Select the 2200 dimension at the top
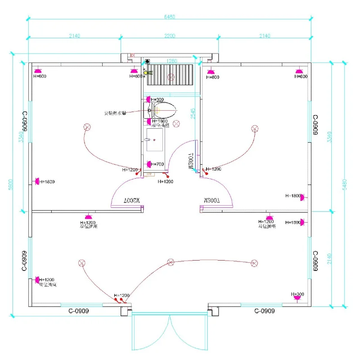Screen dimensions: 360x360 [170, 36]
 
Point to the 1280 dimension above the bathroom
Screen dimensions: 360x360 [171, 61]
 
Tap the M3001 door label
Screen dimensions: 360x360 [190, 161]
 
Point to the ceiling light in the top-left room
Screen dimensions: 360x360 [86, 127]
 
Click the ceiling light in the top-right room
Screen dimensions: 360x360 [255, 130]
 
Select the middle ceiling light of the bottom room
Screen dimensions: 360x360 [170, 262]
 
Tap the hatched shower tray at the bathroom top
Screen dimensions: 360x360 [171, 74]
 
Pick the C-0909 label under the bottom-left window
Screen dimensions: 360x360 [78, 311]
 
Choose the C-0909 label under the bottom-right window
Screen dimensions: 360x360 [265, 311]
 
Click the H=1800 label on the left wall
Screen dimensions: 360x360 [46, 182]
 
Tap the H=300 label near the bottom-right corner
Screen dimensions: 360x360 [297, 294]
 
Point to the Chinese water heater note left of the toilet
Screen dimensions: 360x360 [115, 113]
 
